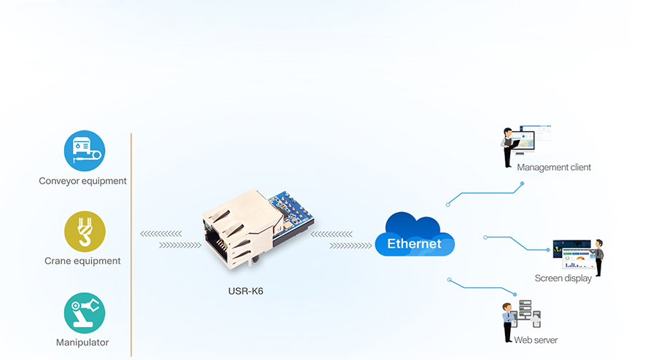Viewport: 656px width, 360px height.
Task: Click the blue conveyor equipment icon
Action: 84,151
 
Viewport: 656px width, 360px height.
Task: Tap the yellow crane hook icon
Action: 84,231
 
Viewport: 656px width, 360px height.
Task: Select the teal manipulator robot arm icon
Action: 84,313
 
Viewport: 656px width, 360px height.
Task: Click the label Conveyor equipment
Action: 83,181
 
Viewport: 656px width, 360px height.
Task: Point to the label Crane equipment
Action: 82,261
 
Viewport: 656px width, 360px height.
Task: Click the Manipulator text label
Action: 82,343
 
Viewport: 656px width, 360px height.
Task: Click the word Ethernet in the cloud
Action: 414,243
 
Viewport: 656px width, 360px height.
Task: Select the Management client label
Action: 554,168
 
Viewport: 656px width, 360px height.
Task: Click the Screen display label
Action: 563,278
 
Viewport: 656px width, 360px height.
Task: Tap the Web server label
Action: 536,340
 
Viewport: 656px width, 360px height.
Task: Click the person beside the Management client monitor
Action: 507,148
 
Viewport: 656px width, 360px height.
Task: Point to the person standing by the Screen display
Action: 598,257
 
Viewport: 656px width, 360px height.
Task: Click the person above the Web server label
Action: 508,321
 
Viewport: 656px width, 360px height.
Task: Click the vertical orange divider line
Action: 131,244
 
